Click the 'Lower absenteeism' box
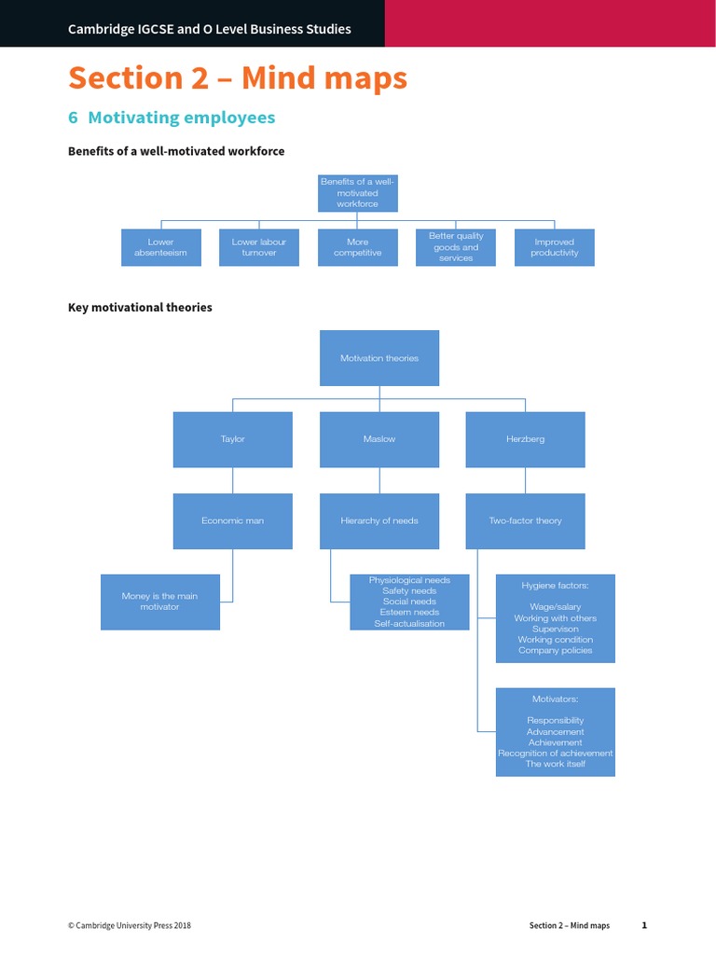(x=161, y=247)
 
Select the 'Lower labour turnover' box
(x=259, y=247)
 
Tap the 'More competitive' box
(x=358, y=247)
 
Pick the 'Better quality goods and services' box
(x=456, y=247)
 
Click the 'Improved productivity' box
(x=555, y=247)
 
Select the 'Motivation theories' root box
(x=379, y=358)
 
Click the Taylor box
(x=233, y=439)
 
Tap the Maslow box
(x=379, y=439)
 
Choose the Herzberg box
(x=526, y=439)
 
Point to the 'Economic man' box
(x=233, y=521)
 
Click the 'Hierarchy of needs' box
(x=379, y=521)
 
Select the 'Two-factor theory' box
(x=526, y=521)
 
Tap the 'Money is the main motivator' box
(x=160, y=602)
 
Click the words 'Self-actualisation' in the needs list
(x=409, y=623)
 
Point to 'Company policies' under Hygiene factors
(x=556, y=651)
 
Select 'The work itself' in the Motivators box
(x=556, y=764)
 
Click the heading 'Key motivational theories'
(x=140, y=308)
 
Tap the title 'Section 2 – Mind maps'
(x=238, y=78)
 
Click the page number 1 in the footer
(x=644, y=925)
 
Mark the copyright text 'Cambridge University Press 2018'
(x=130, y=926)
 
